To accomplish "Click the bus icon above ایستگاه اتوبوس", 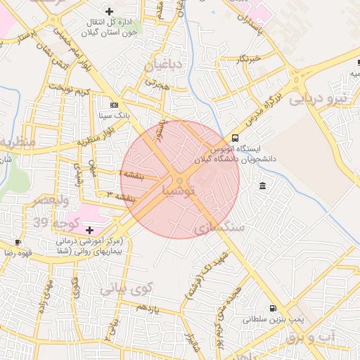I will coord(235,138).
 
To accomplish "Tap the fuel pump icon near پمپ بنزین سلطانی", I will coord(272,308).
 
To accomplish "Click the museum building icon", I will coord(262,186).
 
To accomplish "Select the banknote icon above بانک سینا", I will coord(115,104).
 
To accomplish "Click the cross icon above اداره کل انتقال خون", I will coord(109,11).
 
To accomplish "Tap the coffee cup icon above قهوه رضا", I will coord(18,242).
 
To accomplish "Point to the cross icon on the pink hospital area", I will coord(89,230).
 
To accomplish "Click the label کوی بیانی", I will coord(126,288).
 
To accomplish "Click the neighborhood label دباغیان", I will coord(164,67).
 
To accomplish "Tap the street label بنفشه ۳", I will coord(120,197).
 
